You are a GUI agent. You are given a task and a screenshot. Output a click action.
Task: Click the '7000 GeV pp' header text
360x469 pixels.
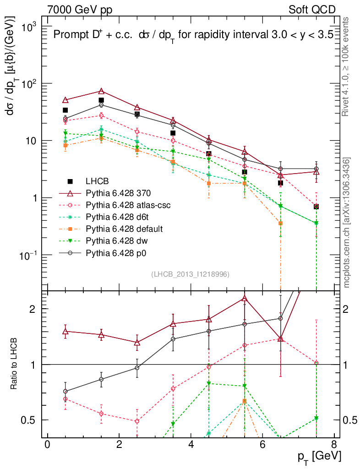click(x=83, y=10)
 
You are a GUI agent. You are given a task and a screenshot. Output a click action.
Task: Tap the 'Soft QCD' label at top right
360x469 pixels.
click(x=312, y=10)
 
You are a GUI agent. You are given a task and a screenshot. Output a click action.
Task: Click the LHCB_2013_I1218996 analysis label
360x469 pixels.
click(x=190, y=274)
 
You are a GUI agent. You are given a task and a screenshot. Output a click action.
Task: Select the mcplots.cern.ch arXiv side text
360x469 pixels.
click(x=347, y=222)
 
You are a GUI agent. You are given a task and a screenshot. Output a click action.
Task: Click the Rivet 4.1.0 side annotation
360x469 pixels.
click(x=347, y=71)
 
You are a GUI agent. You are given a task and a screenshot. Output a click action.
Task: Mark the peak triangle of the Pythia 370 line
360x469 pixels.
click(x=101, y=92)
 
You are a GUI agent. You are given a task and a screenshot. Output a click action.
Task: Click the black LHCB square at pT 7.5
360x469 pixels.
click(x=316, y=207)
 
